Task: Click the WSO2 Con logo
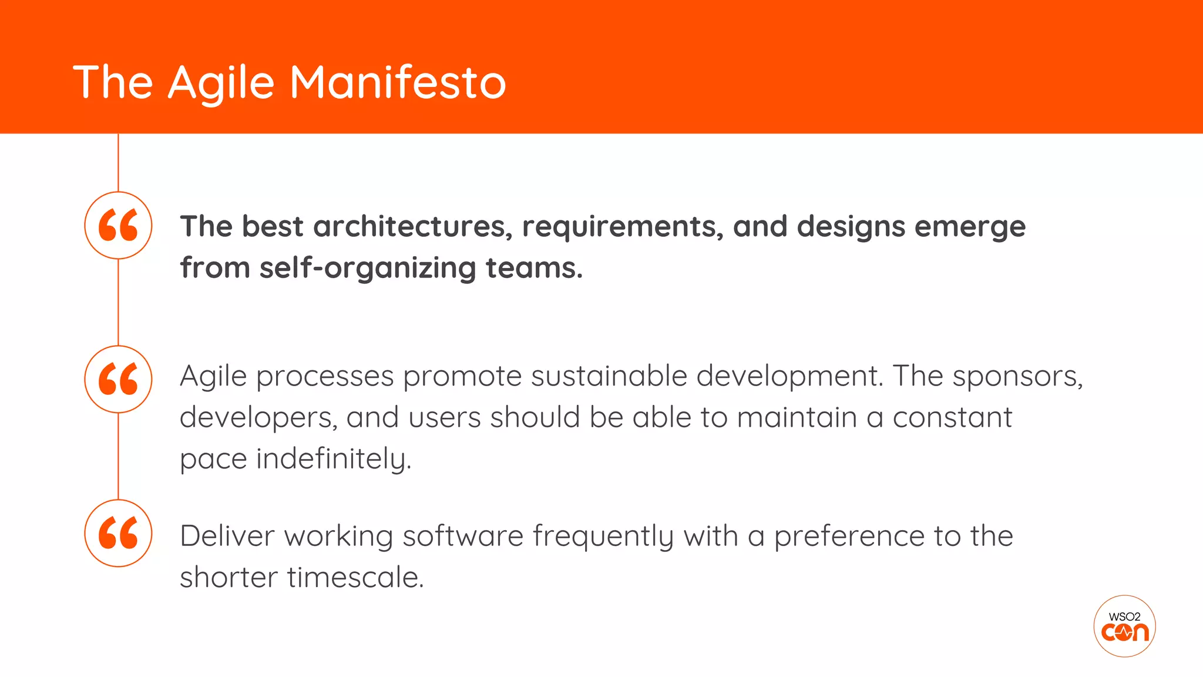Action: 1124,626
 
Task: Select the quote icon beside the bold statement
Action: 118,225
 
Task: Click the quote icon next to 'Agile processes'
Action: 118,379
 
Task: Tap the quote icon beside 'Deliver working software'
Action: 118,533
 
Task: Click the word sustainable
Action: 609,376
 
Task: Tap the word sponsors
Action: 1017,377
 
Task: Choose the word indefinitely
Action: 333,459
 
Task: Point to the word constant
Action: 952,417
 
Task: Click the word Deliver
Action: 227,535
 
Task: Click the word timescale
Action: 355,577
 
